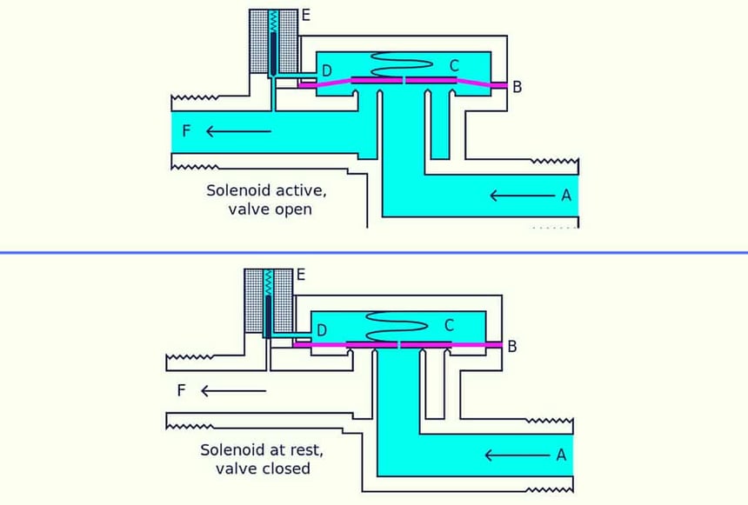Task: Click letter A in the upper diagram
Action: [x=566, y=196]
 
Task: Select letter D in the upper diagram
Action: [x=326, y=70]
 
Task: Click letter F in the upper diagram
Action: [x=186, y=131]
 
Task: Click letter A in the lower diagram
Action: [x=561, y=454]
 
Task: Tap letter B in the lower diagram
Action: [x=512, y=346]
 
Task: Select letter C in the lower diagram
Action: [x=450, y=325]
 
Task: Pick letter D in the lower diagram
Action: [x=322, y=329]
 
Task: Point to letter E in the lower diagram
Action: [x=301, y=274]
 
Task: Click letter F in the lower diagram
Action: [x=181, y=390]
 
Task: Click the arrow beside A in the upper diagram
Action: [x=520, y=196]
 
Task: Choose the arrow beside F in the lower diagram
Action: [x=233, y=390]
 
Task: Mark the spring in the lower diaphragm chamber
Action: [x=397, y=324]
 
